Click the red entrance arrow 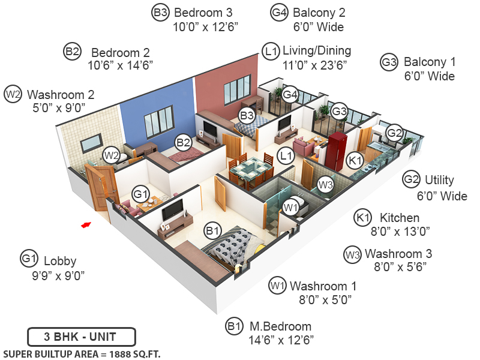click(x=86, y=224)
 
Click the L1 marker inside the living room click(x=286, y=157)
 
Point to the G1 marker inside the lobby click(x=140, y=194)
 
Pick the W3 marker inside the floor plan click(x=325, y=185)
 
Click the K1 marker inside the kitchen click(x=355, y=160)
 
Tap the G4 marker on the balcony click(x=290, y=94)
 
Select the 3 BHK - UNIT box click(x=81, y=336)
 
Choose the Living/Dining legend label click(x=317, y=50)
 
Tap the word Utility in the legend click(x=439, y=180)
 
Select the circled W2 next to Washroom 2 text click(x=13, y=94)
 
